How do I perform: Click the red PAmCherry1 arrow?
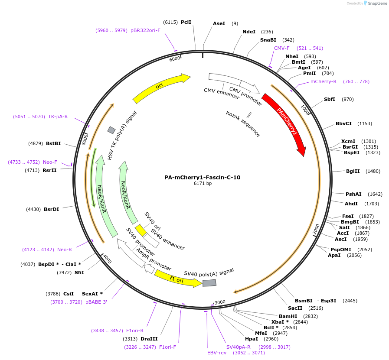(286, 123)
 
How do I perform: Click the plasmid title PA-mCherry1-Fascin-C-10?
(202, 177)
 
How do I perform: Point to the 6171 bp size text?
(203, 184)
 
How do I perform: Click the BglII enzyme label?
(353, 171)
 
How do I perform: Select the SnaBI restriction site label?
(268, 40)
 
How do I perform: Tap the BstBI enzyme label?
(53, 143)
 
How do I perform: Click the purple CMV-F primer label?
(282, 48)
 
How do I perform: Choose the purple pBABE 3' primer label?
(96, 302)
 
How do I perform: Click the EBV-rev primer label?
(217, 353)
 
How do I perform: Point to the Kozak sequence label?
(243, 124)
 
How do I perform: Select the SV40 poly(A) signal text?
(209, 272)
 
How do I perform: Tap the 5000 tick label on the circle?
(85, 139)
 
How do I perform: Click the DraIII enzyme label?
(149, 339)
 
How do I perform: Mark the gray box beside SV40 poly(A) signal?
(209, 283)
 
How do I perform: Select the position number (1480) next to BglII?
(373, 171)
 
